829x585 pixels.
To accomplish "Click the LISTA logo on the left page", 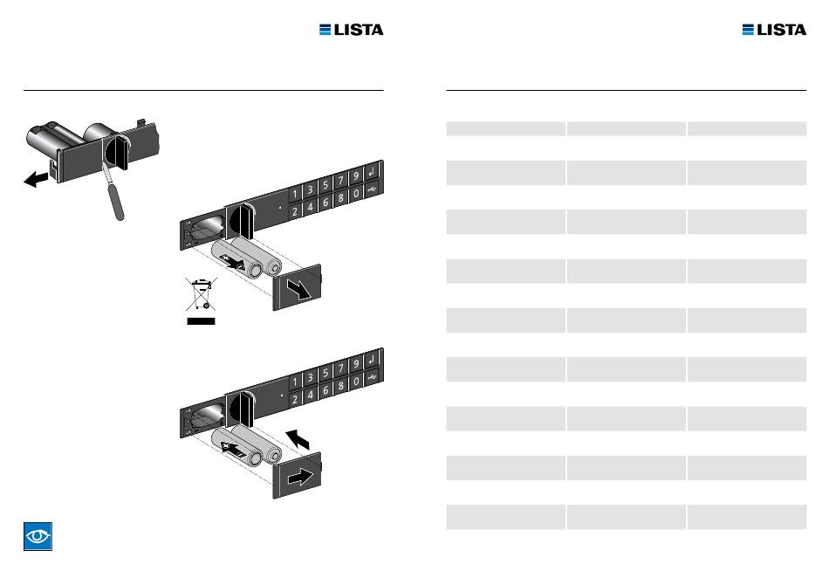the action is point(351,30).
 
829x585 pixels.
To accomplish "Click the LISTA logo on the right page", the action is point(774,30).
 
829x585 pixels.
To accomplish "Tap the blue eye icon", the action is point(38,536).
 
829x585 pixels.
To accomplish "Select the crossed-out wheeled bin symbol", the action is point(201,294).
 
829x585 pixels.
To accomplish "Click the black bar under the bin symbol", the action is point(201,321).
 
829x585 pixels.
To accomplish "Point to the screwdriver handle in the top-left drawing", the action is point(116,201).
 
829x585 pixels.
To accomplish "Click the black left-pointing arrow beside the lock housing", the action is point(36,179).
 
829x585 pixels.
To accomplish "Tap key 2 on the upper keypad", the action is point(295,211).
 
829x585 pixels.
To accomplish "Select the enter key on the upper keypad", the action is point(373,172).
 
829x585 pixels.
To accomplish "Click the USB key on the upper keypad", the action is point(373,189).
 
